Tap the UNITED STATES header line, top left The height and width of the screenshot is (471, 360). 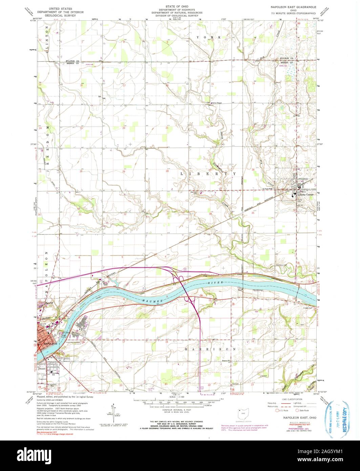click(61, 7)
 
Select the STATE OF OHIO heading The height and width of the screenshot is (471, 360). click(177, 6)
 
